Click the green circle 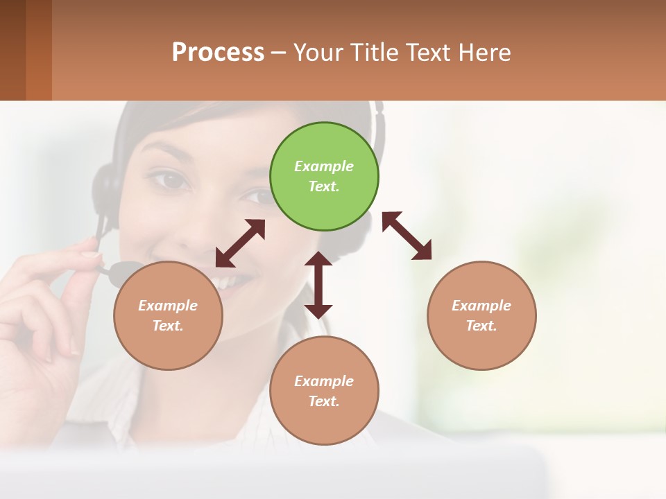pos(324,177)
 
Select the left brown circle pos(168,315)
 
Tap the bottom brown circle pos(324,391)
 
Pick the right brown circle pos(481,315)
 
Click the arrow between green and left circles pos(240,243)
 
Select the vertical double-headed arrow pos(318,285)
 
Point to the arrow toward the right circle pos(407,236)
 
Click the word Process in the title pos(218,52)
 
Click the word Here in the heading pos(486,52)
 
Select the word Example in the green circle pos(324,166)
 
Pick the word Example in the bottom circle pos(324,380)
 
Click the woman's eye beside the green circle pos(171,180)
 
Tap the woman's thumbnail pos(91,255)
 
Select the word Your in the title pos(316,52)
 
